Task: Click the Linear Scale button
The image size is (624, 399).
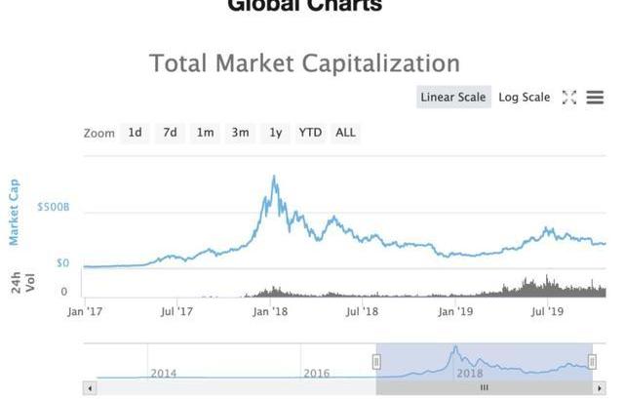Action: pos(451,98)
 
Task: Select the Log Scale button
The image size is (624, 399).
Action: pos(524,98)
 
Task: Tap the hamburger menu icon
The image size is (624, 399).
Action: pos(595,98)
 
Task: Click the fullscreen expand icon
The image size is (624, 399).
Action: pos(569,98)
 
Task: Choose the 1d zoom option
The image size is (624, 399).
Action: pos(135,133)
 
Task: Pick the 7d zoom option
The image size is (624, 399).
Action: pos(170,133)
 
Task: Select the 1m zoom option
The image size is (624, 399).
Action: pos(205,133)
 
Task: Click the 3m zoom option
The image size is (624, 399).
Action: pos(240,133)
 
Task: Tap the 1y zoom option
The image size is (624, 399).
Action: pos(276,133)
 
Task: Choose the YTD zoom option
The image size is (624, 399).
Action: pos(310,133)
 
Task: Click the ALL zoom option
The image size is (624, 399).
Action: pos(345,133)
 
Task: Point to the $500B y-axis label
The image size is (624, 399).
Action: pos(53,208)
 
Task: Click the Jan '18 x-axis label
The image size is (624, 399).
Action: pos(269,312)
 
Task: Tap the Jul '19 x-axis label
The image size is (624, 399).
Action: pos(548,312)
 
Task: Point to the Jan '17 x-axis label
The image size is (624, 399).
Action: pos(85,312)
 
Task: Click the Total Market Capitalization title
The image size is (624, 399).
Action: pos(304,63)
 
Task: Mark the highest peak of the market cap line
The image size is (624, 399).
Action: pos(274,177)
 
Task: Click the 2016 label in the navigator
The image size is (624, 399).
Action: pos(317,373)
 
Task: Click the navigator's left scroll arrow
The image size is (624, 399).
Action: pos(90,387)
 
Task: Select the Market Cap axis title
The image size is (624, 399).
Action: pos(15,212)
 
